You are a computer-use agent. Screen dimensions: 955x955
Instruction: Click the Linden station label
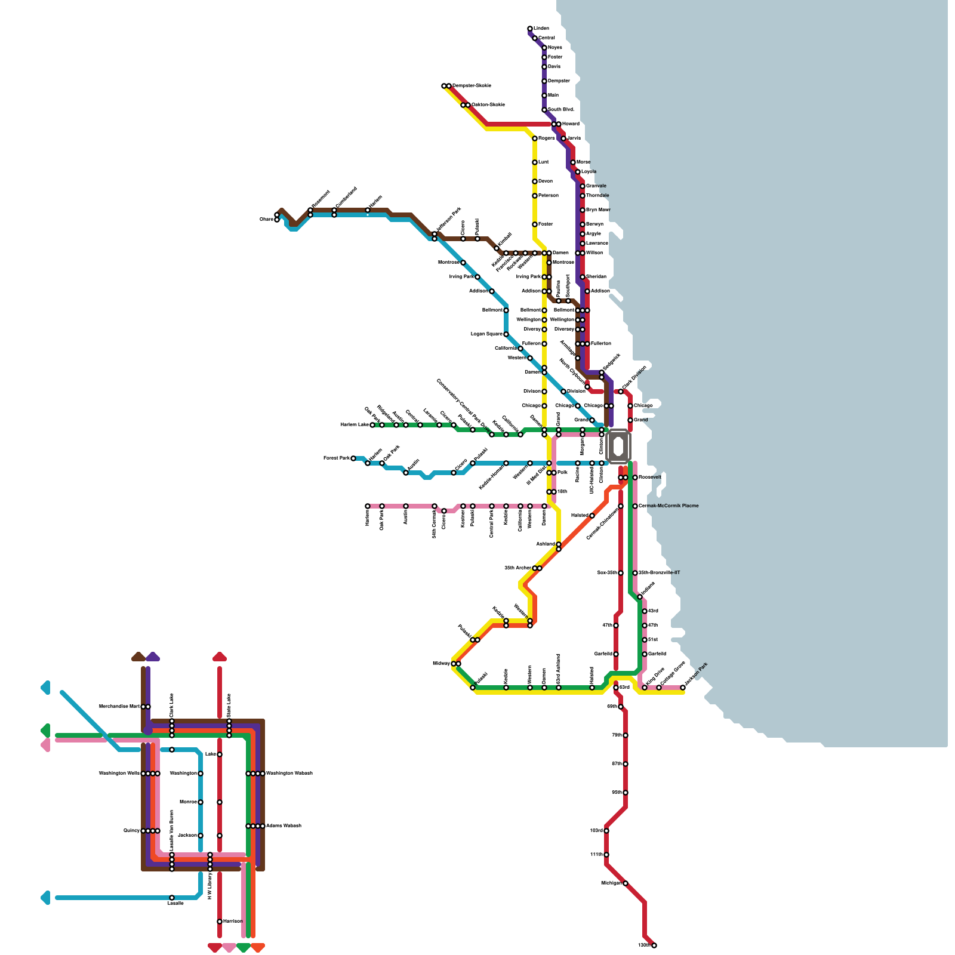(541, 29)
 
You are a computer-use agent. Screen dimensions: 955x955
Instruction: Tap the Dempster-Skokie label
(472, 85)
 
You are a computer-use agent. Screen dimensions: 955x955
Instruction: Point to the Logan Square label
(486, 334)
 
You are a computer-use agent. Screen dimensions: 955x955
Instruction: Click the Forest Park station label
(336, 458)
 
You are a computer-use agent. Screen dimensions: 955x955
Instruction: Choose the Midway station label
(441, 664)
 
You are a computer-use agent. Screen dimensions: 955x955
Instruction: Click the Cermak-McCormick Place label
(668, 506)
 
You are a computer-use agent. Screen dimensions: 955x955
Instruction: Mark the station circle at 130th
(654, 945)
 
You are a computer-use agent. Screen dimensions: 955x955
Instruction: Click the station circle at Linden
(530, 29)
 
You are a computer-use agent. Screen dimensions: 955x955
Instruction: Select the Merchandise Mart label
(119, 707)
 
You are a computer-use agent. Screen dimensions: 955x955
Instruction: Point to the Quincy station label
(131, 831)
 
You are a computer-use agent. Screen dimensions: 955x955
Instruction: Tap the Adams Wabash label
(284, 826)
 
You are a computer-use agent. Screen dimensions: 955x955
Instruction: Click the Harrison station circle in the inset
(220, 922)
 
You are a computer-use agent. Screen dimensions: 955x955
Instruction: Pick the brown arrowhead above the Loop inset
(138, 657)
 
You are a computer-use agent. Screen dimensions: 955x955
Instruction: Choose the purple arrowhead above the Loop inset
(153, 657)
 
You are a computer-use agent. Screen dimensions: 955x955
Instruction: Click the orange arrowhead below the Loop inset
(258, 947)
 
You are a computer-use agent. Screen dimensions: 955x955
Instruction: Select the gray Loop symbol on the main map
(618, 446)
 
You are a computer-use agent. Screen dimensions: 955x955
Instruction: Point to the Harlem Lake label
(355, 425)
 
